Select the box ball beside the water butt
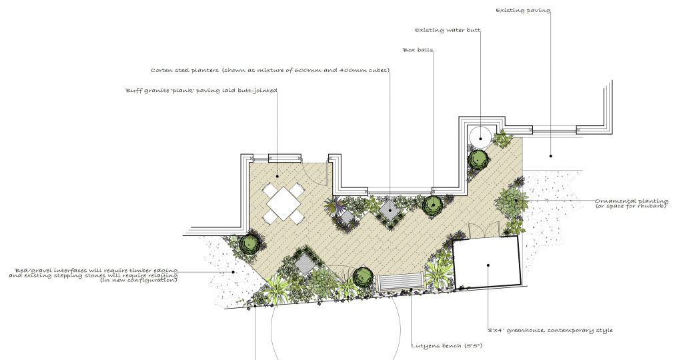478,159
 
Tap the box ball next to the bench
363,277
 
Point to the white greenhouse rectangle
486,261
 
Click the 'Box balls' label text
418,50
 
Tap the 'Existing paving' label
523,11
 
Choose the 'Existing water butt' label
448,31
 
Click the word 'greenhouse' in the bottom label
526,331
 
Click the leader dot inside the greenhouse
488,265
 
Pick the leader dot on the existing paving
550,155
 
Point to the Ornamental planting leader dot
516,201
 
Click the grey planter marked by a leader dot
389,209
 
